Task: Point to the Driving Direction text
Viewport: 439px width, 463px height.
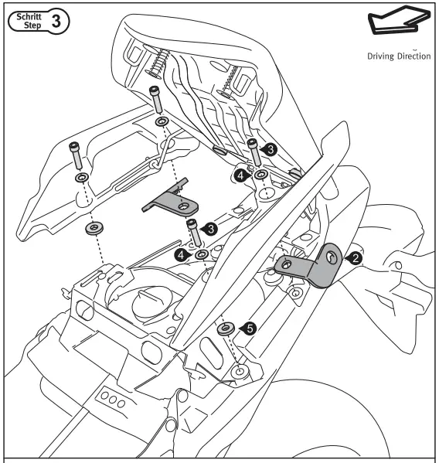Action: point(397,56)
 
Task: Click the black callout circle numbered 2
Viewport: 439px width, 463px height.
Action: point(354,259)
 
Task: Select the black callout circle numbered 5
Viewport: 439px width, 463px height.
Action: point(250,329)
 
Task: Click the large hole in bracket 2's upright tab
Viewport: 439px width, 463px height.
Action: point(330,256)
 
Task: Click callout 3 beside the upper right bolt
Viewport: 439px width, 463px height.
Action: point(270,150)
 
